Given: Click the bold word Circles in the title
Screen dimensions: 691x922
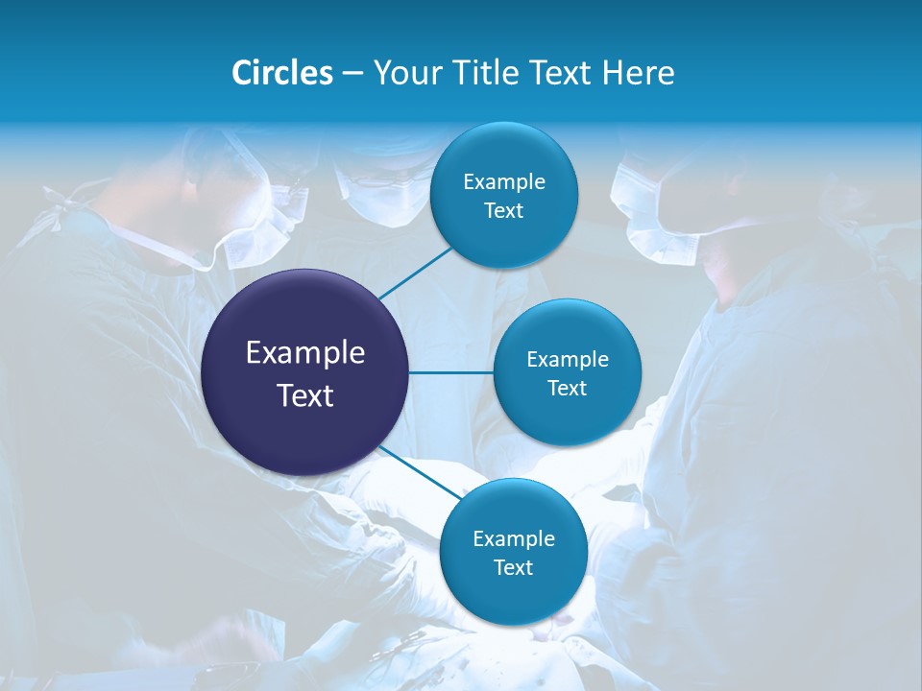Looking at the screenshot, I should pyautogui.click(x=282, y=73).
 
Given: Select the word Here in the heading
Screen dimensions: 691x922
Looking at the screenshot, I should pyautogui.click(x=639, y=73).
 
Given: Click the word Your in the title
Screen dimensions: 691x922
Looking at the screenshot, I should pyautogui.click(x=407, y=73).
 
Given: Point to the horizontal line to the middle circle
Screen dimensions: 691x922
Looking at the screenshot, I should pyautogui.click(x=451, y=372).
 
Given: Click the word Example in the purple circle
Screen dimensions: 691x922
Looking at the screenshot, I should pyautogui.click(x=305, y=353).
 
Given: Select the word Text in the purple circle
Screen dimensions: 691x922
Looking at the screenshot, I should pyautogui.click(x=305, y=395).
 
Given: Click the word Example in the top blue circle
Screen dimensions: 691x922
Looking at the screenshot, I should pyautogui.click(x=504, y=182).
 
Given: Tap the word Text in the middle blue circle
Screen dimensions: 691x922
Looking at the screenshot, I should pyautogui.click(x=567, y=389).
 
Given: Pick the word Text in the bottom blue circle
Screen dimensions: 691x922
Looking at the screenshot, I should pyautogui.click(x=513, y=568).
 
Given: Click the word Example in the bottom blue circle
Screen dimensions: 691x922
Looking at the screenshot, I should pyautogui.click(x=514, y=539).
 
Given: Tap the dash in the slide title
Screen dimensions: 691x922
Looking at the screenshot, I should pyautogui.click(x=352, y=74).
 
